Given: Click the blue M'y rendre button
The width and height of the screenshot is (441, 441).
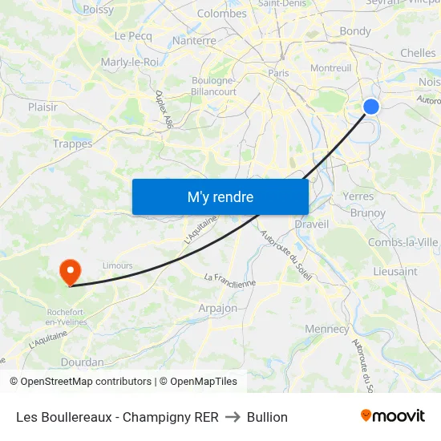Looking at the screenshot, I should pyautogui.click(x=220, y=196).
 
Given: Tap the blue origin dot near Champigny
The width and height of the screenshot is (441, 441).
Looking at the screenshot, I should pyautogui.click(x=370, y=107).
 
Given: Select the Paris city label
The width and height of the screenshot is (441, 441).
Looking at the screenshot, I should pyautogui.click(x=278, y=73).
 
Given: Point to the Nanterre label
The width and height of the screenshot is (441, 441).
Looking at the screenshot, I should pyautogui.click(x=195, y=40).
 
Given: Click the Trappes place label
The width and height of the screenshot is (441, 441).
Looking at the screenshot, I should pyautogui.click(x=73, y=144).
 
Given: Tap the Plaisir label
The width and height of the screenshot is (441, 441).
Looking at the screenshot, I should pyautogui.click(x=43, y=106).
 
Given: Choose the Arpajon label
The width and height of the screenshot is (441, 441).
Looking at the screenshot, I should pyautogui.click(x=217, y=308).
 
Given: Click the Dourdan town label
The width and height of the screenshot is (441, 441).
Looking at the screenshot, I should pyautogui.click(x=83, y=362).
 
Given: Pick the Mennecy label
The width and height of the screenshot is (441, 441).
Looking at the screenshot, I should pyautogui.click(x=327, y=329).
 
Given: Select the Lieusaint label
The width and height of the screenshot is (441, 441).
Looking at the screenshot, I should pyautogui.click(x=395, y=272).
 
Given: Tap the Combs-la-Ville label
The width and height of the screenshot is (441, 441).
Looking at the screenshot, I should pyautogui.click(x=403, y=242).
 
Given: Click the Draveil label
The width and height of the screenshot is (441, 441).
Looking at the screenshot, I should pyautogui.click(x=312, y=225).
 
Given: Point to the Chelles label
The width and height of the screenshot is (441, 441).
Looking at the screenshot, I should pyautogui.click(x=418, y=53).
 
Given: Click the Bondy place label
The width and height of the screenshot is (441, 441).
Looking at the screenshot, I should pyautogui.click(x=355, y=31).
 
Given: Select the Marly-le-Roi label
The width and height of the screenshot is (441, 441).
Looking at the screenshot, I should pyautogui.click(x=129, y=62).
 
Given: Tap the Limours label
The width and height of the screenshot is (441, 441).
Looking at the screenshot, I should pyautogui.click(x=117, y=265).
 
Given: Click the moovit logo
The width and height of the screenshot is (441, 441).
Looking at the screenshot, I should pyautogui.click(x=393, y=415).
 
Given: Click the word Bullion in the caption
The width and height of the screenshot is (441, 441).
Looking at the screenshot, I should pyautogui.click(x=267, y=417).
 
